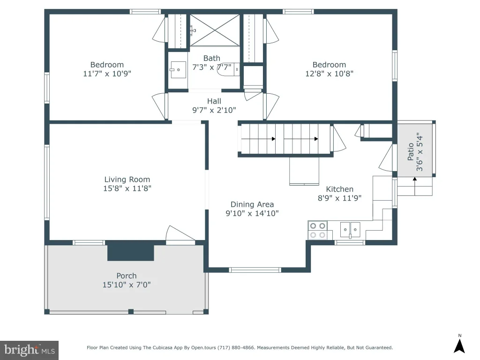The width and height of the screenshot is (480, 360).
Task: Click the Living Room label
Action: (x=127, y=180)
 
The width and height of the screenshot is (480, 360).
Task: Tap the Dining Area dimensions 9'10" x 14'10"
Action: (x=252, y=213)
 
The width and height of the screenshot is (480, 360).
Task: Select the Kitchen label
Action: (x=339, y=189)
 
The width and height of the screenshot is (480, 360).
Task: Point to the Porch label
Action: (x=127, y=276)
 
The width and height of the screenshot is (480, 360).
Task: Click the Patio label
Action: (x=411, y=152)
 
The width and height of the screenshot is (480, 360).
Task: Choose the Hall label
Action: (x=214, y=101)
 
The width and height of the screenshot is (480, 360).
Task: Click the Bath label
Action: (x=212, y=58)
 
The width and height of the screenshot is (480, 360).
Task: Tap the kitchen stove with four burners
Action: (x=317, y=231)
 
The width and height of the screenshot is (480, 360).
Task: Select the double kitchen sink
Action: (x=350, y=230)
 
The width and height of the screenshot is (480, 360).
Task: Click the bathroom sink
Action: (x=178, y=70)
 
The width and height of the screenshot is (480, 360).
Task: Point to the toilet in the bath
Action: (x=229, y=69)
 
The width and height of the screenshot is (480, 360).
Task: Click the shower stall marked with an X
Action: (x=215, y=30)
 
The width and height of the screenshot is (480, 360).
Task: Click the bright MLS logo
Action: (x=30, y=350)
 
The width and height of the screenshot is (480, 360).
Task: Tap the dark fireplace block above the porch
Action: (x=130, y=251)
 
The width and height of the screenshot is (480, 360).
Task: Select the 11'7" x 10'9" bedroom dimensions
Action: (x=107, y=74)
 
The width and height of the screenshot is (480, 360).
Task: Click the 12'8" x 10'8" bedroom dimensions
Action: (x=330, y=74)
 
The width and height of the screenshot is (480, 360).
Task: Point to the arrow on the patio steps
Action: (x=415, y=186)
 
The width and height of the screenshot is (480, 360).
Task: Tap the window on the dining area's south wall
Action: (x=255, y=270)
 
